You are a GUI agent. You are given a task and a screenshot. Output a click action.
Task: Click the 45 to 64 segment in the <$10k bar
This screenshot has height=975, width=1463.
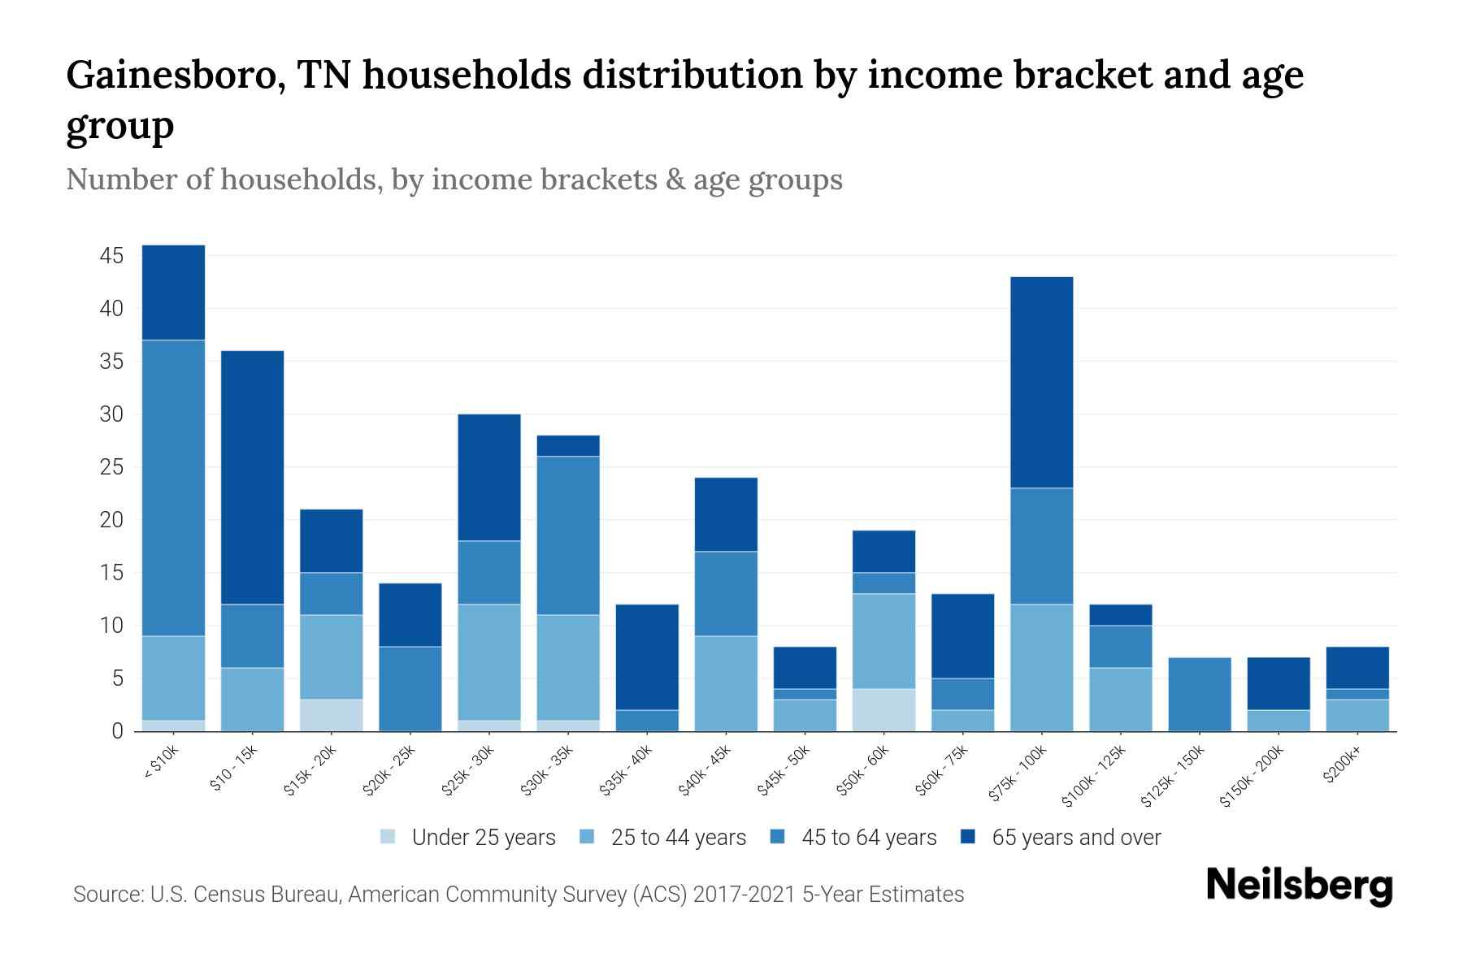pyautogui.click(x=173, y=487)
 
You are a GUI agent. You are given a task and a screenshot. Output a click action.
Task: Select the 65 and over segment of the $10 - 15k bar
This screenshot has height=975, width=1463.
pyautogui.click(x=252, y=477)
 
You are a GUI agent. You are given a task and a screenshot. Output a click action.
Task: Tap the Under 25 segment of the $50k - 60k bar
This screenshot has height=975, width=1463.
pyautogui.click(x=883, y=709)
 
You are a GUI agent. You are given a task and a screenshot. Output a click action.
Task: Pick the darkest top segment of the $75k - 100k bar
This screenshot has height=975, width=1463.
pyautogui.click(x=1041, y=382)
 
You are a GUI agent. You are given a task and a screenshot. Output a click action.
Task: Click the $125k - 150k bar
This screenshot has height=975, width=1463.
pyautogui.click(x=1199, y=694)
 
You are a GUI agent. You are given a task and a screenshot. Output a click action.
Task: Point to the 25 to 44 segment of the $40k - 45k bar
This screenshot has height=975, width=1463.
pyautogui.click(x=726, y=682)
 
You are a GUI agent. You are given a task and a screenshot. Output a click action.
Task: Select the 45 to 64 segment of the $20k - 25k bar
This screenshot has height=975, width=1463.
pyautogui.click(x=410, y=688)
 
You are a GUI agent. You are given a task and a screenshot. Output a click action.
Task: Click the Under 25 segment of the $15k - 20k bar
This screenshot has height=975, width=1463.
pyautogui.click(x=331, y=715)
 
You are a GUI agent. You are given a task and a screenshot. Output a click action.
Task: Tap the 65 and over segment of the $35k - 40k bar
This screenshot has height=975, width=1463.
pyautogui.click(x=647, y=656)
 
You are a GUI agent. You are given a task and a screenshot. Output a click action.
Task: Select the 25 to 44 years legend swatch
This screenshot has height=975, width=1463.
pyautogui.click(x=587, y=837)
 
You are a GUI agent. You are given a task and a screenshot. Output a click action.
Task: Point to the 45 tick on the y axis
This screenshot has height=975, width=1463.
pyautogui.click(x=111, y=257)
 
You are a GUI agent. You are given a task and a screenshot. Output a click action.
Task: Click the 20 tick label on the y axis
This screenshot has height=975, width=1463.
pyautogui.click(x=111, y=520)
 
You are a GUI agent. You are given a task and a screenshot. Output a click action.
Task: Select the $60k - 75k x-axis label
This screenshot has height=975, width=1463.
pyautogui.click(x=945, y=771)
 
